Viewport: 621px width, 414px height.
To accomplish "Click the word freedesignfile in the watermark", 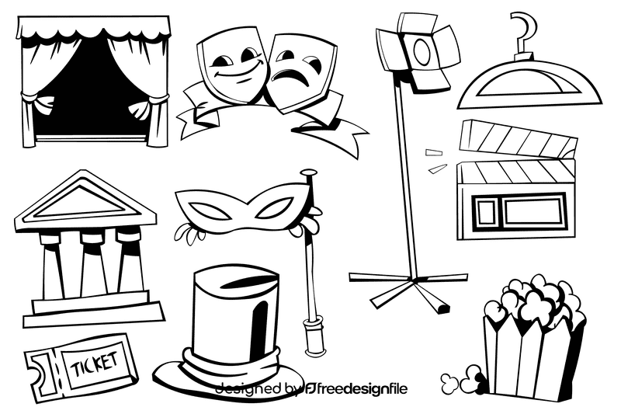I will [x=360, y=388].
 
